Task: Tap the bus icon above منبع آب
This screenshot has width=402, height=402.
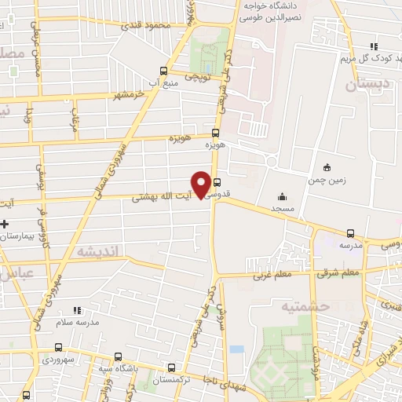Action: tap(163, 69)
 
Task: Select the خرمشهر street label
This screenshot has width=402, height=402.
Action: tap(130, 94)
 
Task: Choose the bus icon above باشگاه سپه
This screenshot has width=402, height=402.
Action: tap(118, 356)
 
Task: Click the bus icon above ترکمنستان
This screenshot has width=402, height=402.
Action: tap(172, 367)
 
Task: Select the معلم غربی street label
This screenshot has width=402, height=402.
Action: tap(272, 276)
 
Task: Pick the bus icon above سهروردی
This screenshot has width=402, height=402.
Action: tap(58, 347)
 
